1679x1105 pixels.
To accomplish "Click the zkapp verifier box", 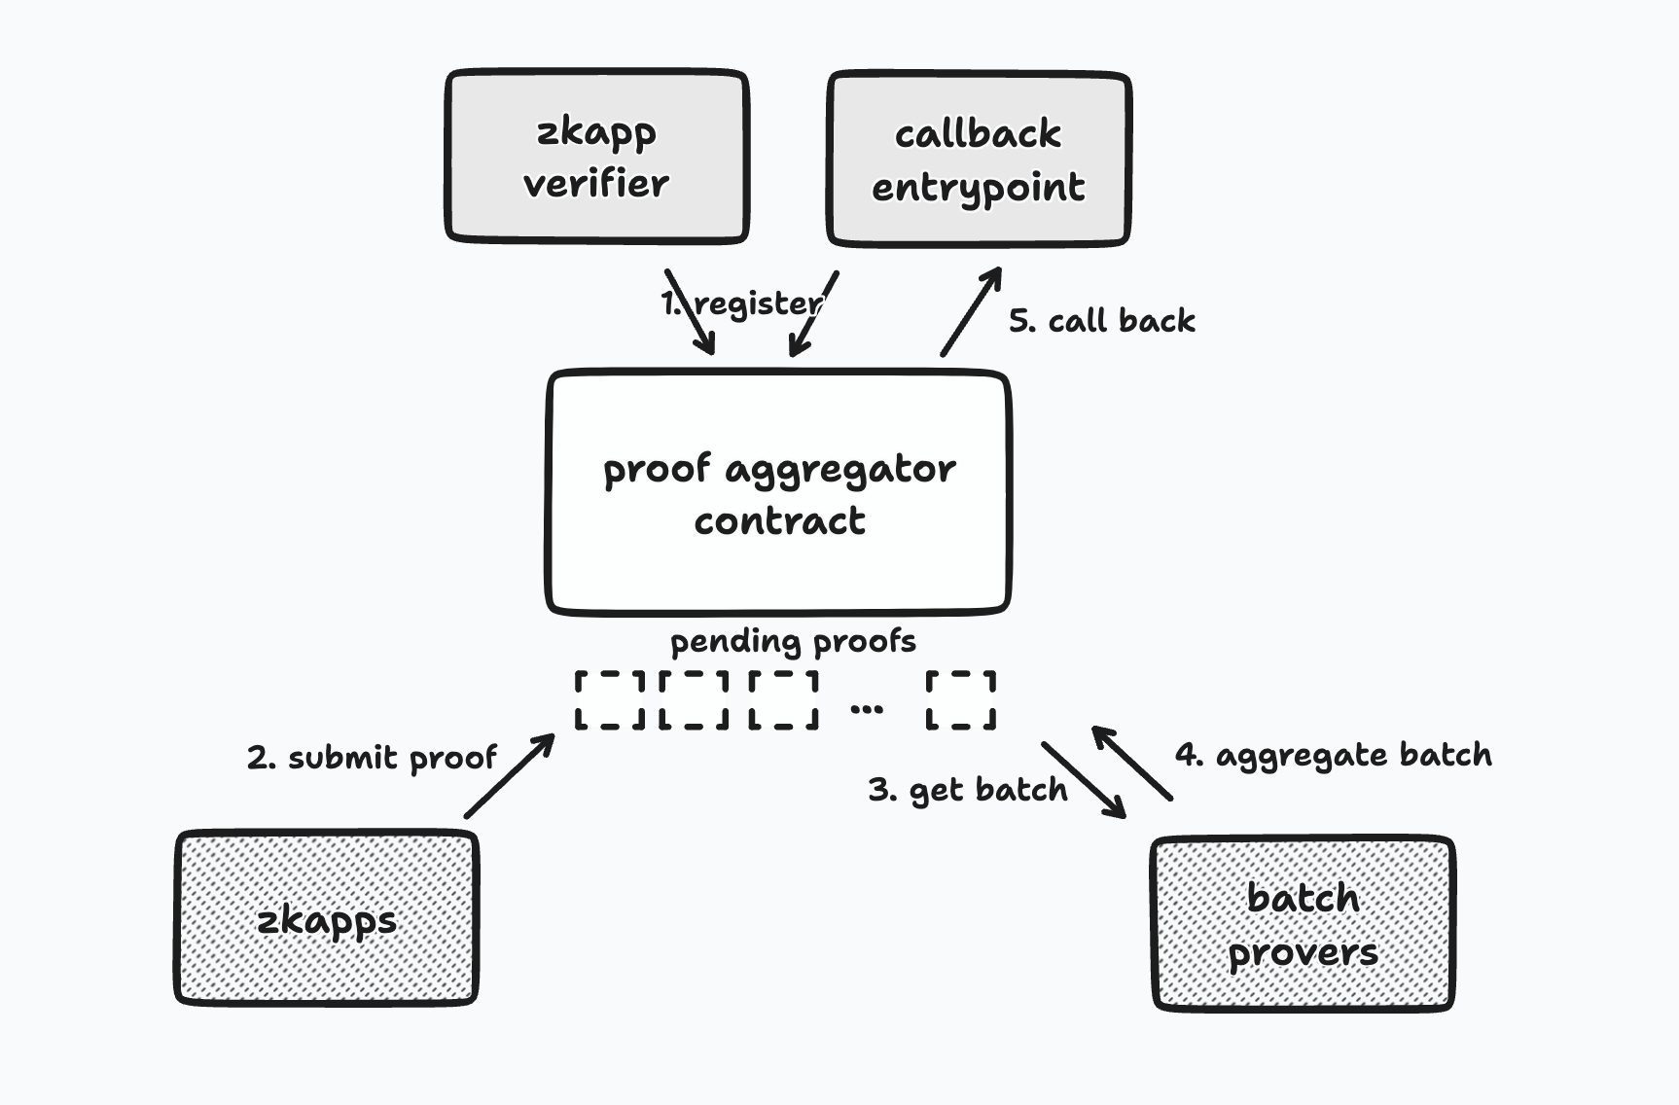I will tap(596, 157).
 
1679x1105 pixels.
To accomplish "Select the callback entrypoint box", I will tap(978, 159).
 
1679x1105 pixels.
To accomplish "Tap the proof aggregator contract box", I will tap(778, 493).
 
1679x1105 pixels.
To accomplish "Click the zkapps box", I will tap(326, 918).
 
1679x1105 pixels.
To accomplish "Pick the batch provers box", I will tap(1303, 924).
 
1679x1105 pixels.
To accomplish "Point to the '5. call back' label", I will tap(1101, 321).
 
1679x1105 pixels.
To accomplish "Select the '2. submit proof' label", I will tap(372, 758).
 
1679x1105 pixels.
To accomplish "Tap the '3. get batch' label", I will tap(967, 790).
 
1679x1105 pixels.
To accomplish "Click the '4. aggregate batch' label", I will tap(1333, 755).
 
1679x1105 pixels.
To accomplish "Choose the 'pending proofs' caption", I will tap(793, 642).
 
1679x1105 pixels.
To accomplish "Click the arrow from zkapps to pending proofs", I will tap(509, 776).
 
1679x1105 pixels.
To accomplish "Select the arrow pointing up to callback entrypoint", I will tap(971, 311).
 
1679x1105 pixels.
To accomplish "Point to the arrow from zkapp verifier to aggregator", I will tap(690, 311).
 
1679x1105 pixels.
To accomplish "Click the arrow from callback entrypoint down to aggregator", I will tap(813, 313).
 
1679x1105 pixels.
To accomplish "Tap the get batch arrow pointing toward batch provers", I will tap(1084, 780).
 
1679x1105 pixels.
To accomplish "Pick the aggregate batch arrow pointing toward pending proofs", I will tap(1131, 764).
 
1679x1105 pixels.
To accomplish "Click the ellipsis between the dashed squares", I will tap(867, 709).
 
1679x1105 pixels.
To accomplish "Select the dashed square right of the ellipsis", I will tap(961, 699).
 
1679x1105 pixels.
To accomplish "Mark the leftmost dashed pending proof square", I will tap(609, 699).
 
